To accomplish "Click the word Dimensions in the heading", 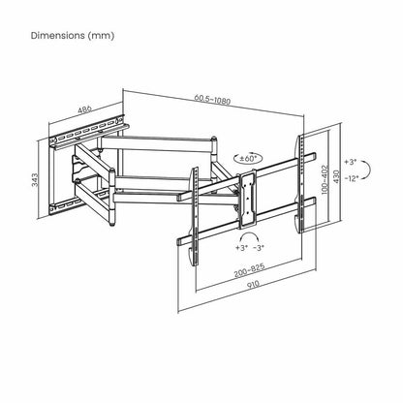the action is pos(57,36).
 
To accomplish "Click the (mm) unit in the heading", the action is pos(101,36).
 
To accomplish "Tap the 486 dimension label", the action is pos(85,108).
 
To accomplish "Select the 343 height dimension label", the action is pos(35,180).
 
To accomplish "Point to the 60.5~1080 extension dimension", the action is pos(212,99).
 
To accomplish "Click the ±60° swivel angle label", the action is pos(248,158).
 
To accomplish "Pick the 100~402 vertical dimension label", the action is pos(325,179).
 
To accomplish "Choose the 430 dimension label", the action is pos(336,176).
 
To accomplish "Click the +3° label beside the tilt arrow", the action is pos(351,162).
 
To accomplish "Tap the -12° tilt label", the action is pos(352,178).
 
